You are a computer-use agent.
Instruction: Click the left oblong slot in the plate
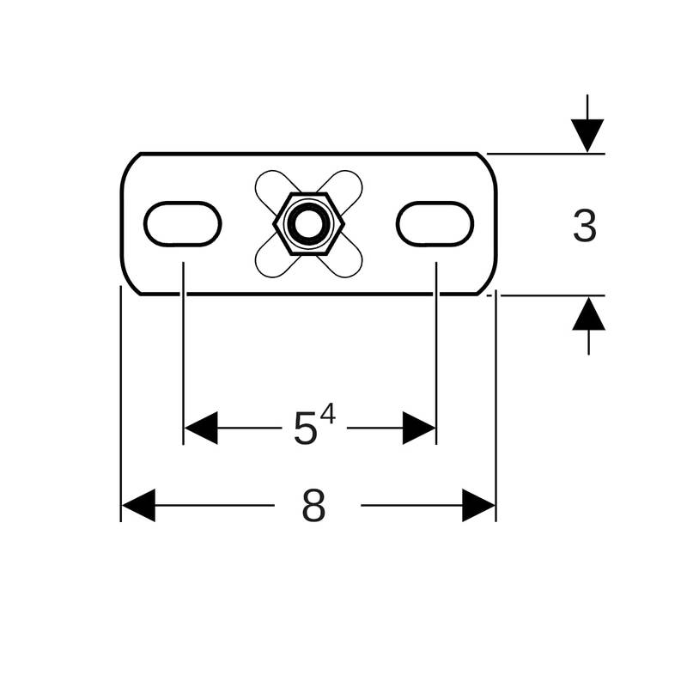pyautogui.click(x=183, y=223)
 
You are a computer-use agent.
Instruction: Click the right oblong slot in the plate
pyautogui.click(x=435, y=223)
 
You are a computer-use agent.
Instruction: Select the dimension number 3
pyautogui.click(x=584, y=227)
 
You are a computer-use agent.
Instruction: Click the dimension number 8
pyautogui.click(x=313, y=506)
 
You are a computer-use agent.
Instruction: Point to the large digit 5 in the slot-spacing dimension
pyautogui.click(x=305, y=429)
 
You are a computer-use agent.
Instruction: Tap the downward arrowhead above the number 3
pyautogui.click(x=587, y=136)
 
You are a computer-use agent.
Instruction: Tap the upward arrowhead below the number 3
pyautogui.click(x=588, y=313)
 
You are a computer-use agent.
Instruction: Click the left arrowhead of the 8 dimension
pyautogui.click(x=138, y=505)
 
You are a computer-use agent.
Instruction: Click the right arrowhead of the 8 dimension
pyautogui.click(x=478, y=505)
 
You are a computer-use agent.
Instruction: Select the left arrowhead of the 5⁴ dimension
pyautogui.click(x=201, y=428)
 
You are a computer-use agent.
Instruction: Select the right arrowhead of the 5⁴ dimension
pyautogui.click(x=419, y=428)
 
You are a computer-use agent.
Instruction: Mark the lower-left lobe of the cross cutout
pyautogui.click(x=271, y=262)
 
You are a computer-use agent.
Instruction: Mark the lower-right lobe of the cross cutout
pyautogui.click(x=346, y=262)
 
